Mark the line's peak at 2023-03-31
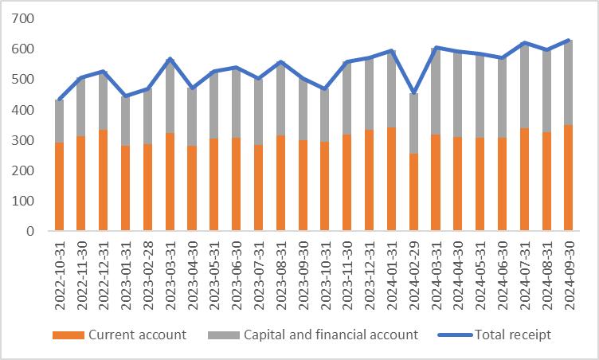170,59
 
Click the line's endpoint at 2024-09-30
567,40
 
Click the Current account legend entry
119,335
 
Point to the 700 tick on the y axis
25,18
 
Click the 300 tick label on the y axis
25,140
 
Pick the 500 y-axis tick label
25,80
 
